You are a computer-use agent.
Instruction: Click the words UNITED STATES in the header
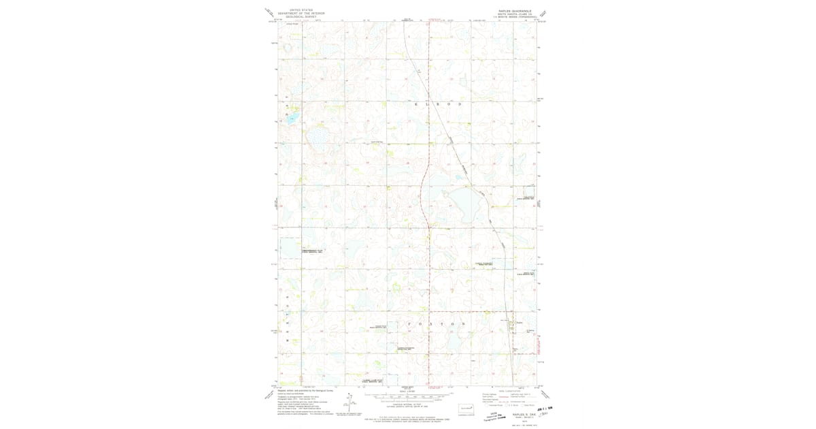coord(301,10)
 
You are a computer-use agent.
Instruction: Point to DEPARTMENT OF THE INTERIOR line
coord(301,13)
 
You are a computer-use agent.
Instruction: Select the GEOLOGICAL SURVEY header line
coord(301,16)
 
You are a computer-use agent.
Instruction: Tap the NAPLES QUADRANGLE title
coord(514,11)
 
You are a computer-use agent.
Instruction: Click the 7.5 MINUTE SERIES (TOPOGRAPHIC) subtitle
coord(514,17)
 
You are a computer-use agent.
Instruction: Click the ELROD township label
coord(438,104)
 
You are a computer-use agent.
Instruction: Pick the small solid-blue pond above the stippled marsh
coord(292,118)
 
